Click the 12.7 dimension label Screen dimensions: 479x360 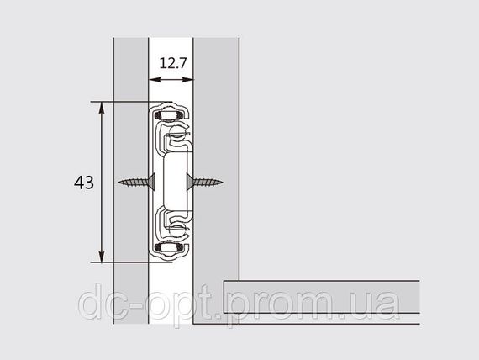pyautogui.click(x=172, y=63)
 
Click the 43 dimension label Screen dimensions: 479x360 pyautogui.click(x=84, y=183)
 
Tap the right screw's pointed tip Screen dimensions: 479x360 pyautogui.click(x=222, y=183)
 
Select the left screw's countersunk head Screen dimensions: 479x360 pyautogui.click(x=152, y=183)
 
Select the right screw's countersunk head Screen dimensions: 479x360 pyautogui.click(x=189, y=183)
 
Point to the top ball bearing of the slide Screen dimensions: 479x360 pyautogui.click(x=168, y=114)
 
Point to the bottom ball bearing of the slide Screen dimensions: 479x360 pyautogui.click(x=168, y=247)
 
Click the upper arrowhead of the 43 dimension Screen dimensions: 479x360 pyautogui.click(x=102, y=108)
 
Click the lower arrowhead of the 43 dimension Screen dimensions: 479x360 pyautogui.click(x=102, y=257)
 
